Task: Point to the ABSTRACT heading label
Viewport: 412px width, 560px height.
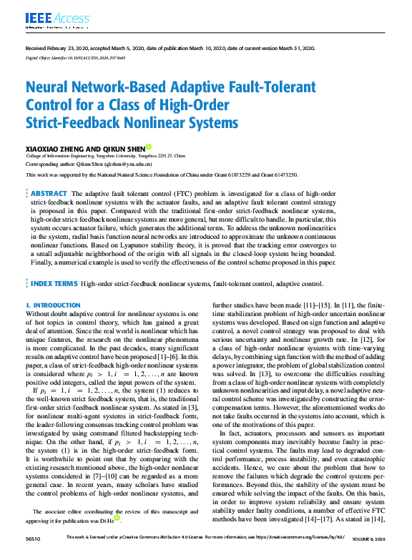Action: click(49, 194)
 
